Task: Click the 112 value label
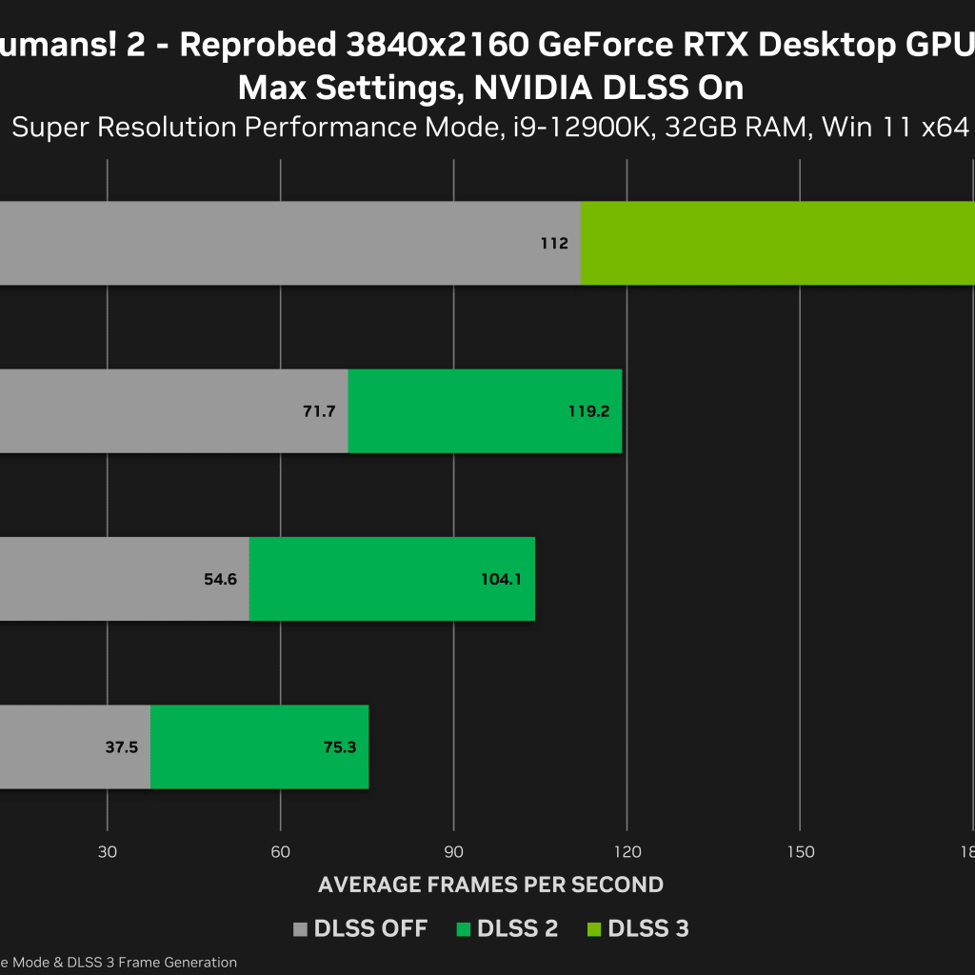tap(553, 244)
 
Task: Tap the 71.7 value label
tap(319, 412)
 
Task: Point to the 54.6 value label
tap(220, 579)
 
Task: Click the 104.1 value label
tap(502, 579)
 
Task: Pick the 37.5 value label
tap(121, 747)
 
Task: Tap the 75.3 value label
tap(339, 747)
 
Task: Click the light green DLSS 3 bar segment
tap(776, 243)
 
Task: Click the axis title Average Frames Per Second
tap(490, 885)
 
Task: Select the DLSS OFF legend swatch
tap(301, 929)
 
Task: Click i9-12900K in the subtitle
tap(580, 127)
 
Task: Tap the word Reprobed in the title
tap(258, 45)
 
